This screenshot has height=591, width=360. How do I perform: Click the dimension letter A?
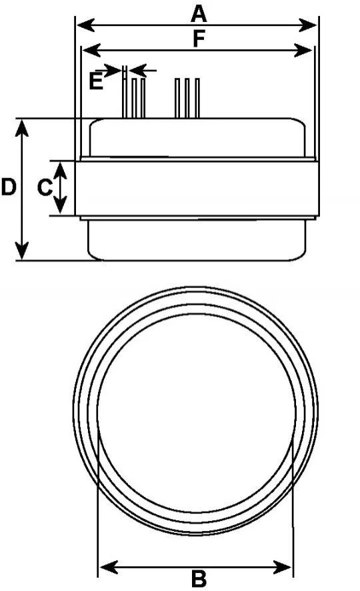click(199, 13)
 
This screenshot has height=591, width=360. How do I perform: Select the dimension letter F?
click(199, 39)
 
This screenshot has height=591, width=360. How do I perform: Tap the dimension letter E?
click(96, 80)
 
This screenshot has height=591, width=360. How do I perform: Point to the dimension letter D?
click(8, 187)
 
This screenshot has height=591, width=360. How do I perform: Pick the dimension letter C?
click(45, 187)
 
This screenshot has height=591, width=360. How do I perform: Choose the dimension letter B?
click(199, 579)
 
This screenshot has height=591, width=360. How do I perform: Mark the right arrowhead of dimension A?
click(307, 25)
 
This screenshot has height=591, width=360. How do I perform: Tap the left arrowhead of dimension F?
click(91, 50)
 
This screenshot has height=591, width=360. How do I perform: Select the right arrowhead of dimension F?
click(303, 50)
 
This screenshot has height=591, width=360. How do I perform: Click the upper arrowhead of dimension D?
click(22, 128)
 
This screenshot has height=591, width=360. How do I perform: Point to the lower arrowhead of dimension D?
click(22, 251)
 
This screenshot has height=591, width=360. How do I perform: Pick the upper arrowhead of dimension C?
click(60, 170)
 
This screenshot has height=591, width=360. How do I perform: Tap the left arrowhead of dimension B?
click(109, 566)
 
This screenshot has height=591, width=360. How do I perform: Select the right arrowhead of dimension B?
click(283, 566)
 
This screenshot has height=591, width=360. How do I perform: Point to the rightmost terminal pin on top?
click(197, 98)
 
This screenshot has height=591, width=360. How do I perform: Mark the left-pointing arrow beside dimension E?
click(143, 70)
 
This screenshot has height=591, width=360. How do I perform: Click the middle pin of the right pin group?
click(187, 98)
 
